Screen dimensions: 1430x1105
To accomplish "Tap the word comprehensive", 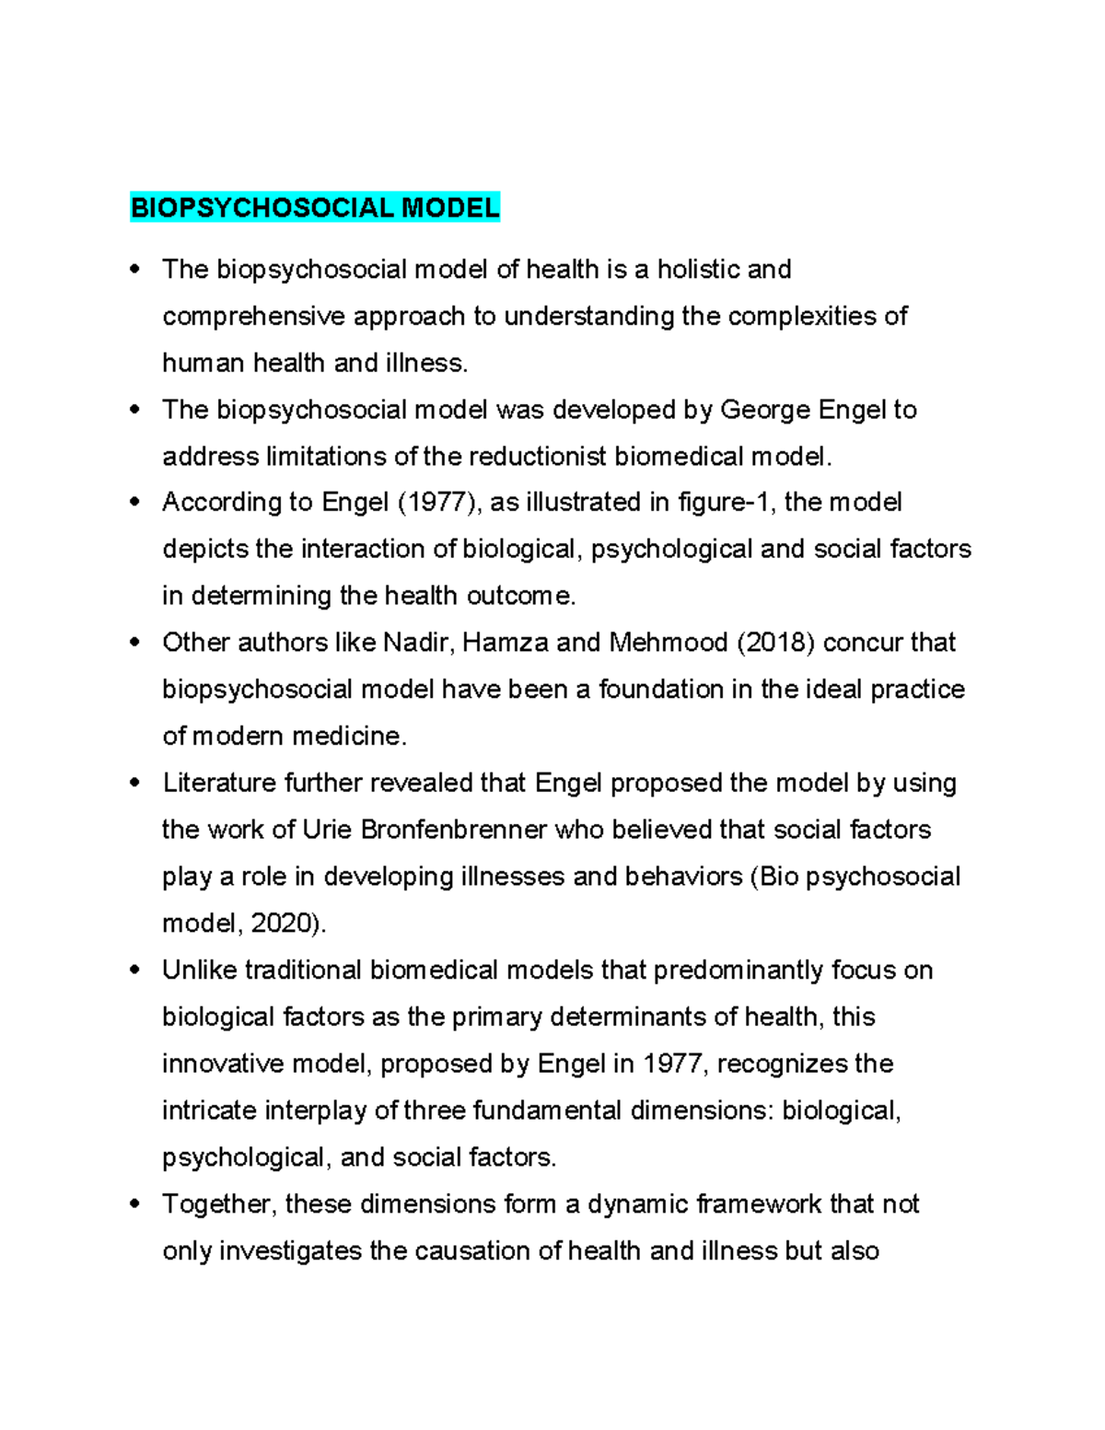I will tap(253, 317).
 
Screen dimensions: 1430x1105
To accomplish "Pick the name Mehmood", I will tap(669, 643).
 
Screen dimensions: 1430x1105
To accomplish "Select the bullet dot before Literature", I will tap(135, 782).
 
